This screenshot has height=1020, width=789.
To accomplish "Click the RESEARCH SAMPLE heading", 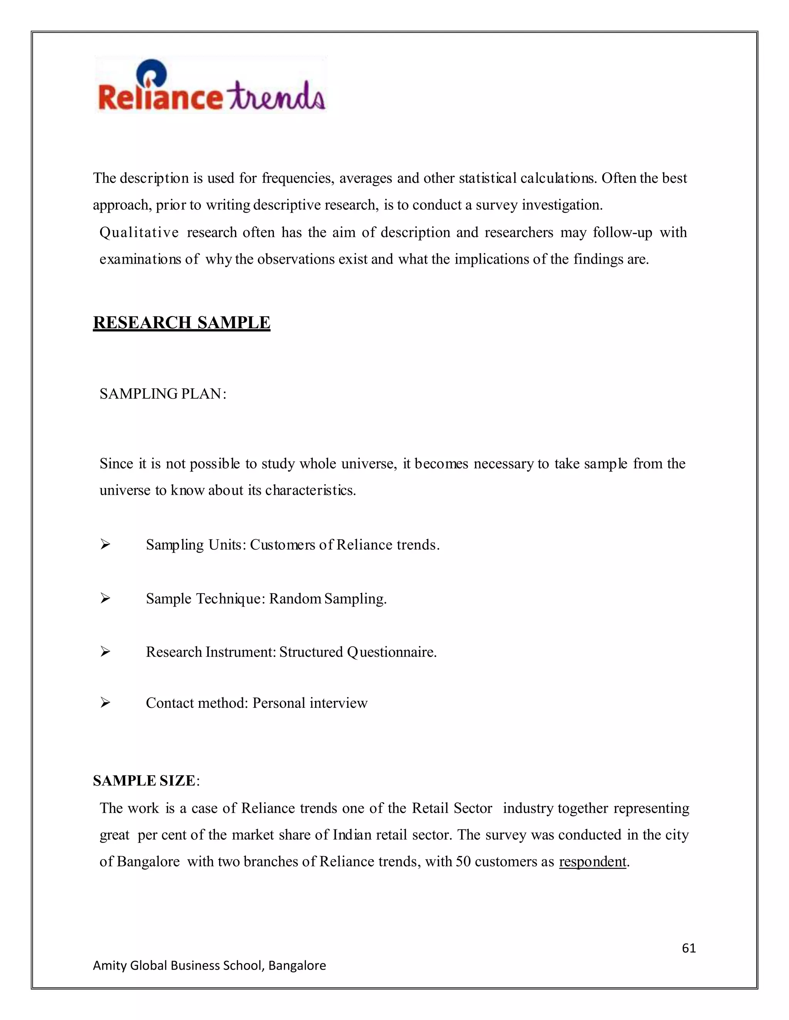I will (x=181, y=323).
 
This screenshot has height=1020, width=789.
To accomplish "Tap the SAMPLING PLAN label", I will (x=163, y=394).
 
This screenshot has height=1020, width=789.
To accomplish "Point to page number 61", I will (x=688, y=948).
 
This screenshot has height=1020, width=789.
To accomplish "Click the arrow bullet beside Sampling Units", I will (x=105, y=545).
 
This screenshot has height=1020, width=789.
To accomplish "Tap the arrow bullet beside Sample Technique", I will (x=105, y=598).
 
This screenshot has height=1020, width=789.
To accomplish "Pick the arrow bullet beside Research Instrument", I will (x=105, y=652).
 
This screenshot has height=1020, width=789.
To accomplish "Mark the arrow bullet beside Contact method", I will (x=105, y=702).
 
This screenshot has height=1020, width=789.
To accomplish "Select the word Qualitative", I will (x=139, y=232).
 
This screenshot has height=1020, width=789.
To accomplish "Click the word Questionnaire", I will (x=391, y=652).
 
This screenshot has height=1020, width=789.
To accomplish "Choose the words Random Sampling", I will (x=328, y=599).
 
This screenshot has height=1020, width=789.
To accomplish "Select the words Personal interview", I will (x=310, y=703).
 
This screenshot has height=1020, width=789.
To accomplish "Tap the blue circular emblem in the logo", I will (x=151, y=72).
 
